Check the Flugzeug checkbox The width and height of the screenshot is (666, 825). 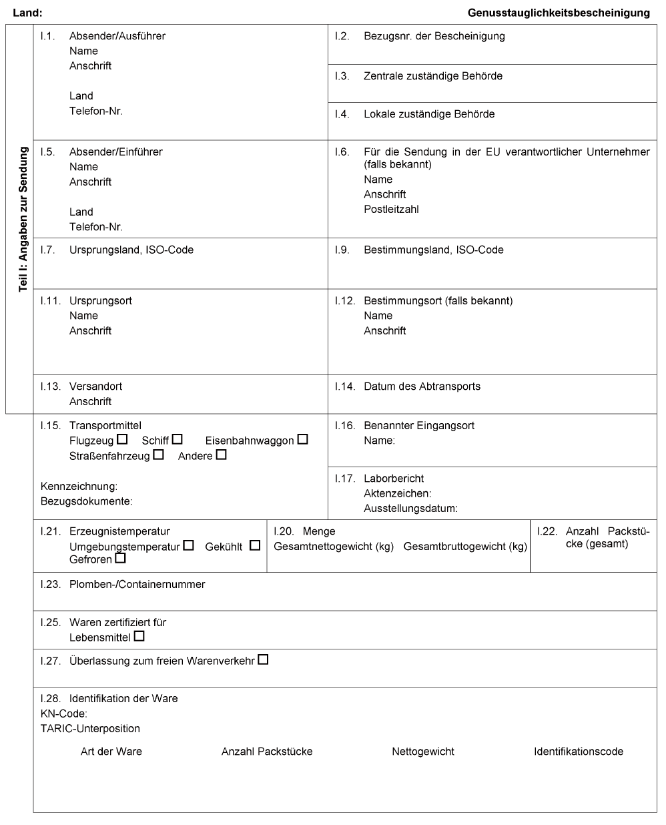pyautogui.click(x=122, y=439)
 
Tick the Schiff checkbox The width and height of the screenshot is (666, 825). pyautogui.click(x=177, y=439)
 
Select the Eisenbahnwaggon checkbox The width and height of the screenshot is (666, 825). pyautogui.click(x=303, y=439)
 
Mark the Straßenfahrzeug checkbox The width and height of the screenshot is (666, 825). pyautogui.click(x=158, y=455)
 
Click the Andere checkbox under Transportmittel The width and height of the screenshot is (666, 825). pyautogui.click(x=221, y=455)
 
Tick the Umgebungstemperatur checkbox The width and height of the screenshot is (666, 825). pyautogui.click(x=188, y=545)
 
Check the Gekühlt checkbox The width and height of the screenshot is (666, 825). pyautogui.click(x=254, y=545)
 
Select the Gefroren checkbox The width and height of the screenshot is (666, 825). pyautogui.click(x=120, y=558)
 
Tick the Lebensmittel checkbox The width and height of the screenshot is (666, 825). pyautogui.click(x=139, y=636)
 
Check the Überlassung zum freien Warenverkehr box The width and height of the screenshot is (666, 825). pyautogui.click(x=263, y=659)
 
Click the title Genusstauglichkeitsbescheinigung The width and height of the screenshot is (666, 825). pyautogui.click(x=559, y=13)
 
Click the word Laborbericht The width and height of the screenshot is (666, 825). pyautogui.click(x=394, y=479)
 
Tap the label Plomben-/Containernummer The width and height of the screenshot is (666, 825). pyautogui.click(x=137, y=585)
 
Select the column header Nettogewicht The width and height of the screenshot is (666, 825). pyautogui.click(x=423, y=752)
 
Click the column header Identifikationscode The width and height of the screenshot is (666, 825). pyautogui.click(x=578, y=752)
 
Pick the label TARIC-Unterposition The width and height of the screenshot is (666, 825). pyautogui.click(x=90, y=729)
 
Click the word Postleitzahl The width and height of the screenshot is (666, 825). pyautogui.click(x=391, y=210)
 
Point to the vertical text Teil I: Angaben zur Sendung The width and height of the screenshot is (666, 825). pyautogui.click(x=23, y=219)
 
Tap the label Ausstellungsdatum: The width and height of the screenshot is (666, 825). pyautogui.click(x=410, y=509)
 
